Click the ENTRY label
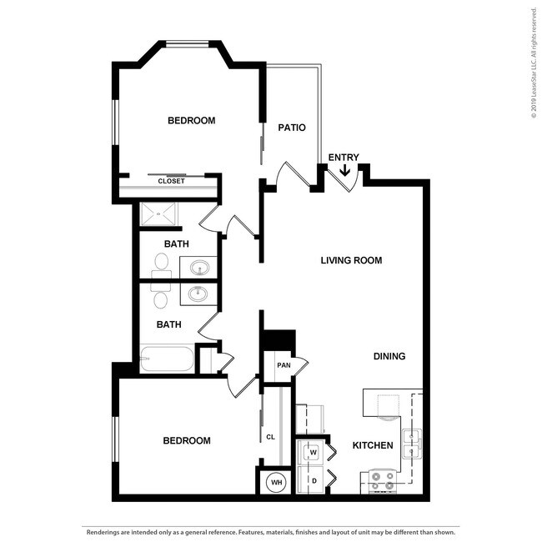pyautogui.click(x=344, y=158)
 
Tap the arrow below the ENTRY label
pyautogui.click(x=344, y=171)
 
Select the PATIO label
pyautogui.click(x=292, y=128)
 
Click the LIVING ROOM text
pyautogui.click(x=351, y=260)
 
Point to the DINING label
pyautogui.click(x=389, y=356)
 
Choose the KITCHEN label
pyautogui.click(x=372, y=445)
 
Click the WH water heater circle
pyautogui.click(x=275, y=482)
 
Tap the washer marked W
pyautogui.click(x=314, y=453)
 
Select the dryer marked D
pyautogui.click(x=314, y=480)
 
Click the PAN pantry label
pyautogui.click(x=284, y=364)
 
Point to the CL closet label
pyautogui.click(x=270, y=436)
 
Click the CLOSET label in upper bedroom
pyautogui.click(x=171, y=181)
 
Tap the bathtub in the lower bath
pyautogui.click(x=168, y=359)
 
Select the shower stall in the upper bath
pyautogui.click(x=158, y=214)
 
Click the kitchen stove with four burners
pyautogui.click(x=381, y=482)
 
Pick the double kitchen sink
pyautogui.click(x=412, y=444)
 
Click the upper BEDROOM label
pyautogui.click(x=191, y=120)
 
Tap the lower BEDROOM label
pyautogui.click(x=186, y=440)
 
